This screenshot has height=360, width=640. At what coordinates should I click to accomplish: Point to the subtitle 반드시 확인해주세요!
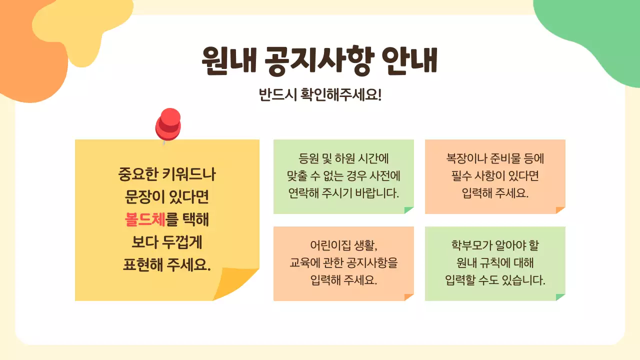pos(320,95)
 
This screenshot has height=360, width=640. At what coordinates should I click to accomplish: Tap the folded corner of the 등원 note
pos(409,210)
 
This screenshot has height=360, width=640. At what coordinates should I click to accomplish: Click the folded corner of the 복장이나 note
pos(560,210)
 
